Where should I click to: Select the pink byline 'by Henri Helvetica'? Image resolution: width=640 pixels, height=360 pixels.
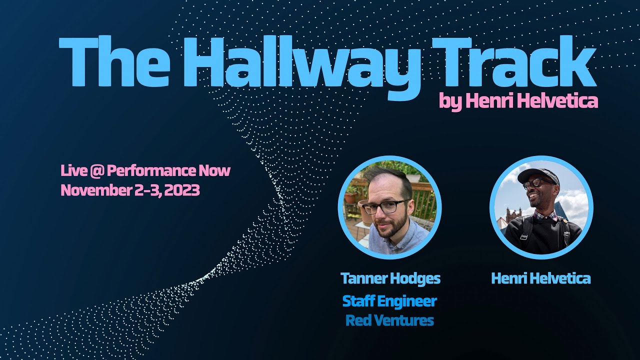(x=518, y=101)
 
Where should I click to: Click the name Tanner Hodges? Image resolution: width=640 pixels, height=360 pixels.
(x=390, y=278)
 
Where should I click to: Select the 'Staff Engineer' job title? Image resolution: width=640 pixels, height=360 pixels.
(x=389, y=301)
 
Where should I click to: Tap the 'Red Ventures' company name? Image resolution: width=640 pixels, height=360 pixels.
(x=389, y=320)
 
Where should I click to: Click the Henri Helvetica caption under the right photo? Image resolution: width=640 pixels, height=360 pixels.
(x=541, y=278)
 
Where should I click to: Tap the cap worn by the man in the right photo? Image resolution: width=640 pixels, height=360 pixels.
(x=539, y=175)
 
